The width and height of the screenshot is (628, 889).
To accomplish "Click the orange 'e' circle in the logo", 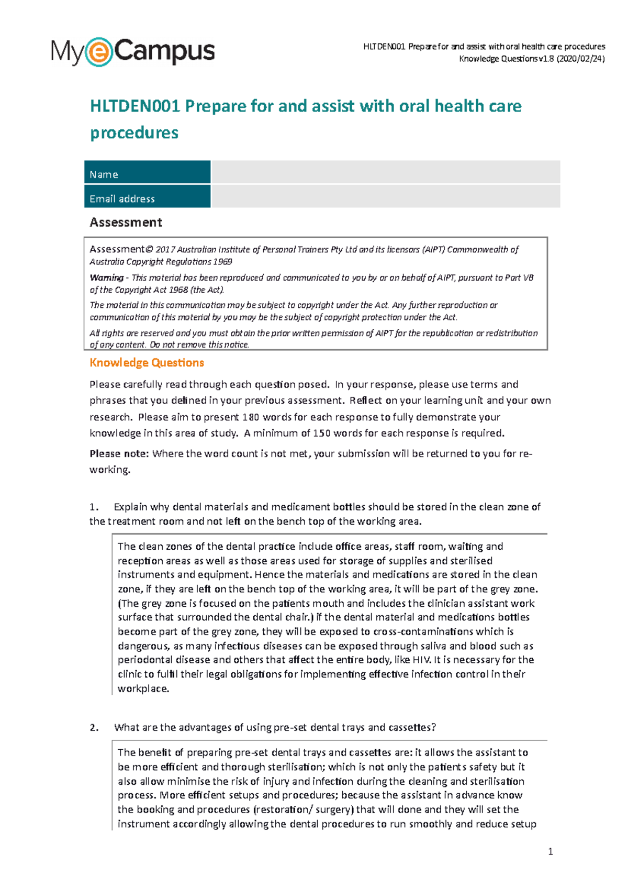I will click(x=98, y=52).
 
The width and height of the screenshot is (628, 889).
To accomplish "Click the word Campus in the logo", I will click(x=164, y=51).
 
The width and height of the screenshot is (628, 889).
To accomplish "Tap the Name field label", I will click(x=104, y=174).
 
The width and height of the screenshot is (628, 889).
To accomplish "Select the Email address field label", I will click(x=122, y=198).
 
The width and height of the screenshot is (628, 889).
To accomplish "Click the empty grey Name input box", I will click(x=385, y=172).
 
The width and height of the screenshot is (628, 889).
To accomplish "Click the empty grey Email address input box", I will click(x=385, y=197).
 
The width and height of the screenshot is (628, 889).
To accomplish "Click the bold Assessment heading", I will click(x=126, y=223).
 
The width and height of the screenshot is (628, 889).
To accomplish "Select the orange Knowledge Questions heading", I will click(x=147, y=362).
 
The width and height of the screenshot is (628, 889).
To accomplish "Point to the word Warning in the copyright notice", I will click(x=107, y=277).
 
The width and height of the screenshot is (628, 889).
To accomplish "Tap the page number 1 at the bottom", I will click(x=550, y=852).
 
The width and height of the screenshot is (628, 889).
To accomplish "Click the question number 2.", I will click(x=94, y=728).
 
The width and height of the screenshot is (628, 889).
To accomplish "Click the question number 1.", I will click(x=94, y=507).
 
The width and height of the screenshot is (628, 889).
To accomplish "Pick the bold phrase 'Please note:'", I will click(x=119, y=453).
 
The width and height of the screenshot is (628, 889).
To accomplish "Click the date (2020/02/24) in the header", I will click(x=581, y=59).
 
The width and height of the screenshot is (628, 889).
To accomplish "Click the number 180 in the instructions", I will click(x=251, y=417).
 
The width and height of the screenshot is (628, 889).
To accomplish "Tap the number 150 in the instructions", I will click(x=322, y=433).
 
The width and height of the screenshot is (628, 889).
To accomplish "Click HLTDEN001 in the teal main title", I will click(x=135, y=106).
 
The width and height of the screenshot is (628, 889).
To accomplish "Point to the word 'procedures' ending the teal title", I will click(x=134, y=132).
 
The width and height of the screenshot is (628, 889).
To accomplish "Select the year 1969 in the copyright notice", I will click(x=223, y=261).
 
